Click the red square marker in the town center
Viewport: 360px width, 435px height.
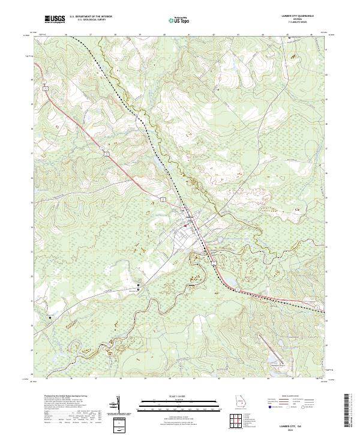coord(185,225)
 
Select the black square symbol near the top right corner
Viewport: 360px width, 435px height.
coord(289,38)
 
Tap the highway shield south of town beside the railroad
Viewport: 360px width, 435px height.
coord(212,262)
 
